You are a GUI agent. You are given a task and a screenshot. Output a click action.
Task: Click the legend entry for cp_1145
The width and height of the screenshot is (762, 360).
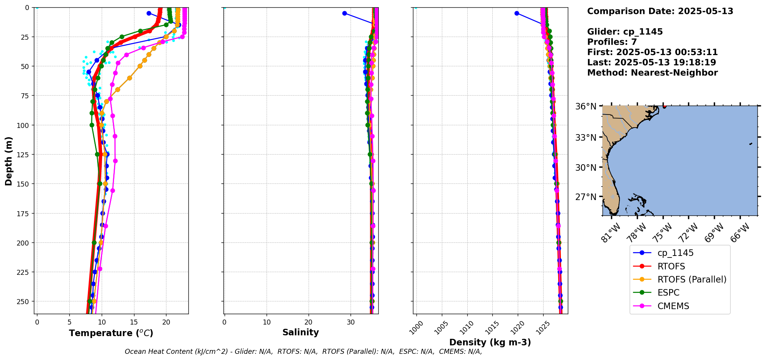(675, 253)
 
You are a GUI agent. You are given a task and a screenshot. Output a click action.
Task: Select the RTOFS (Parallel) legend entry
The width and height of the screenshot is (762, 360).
(692, 279)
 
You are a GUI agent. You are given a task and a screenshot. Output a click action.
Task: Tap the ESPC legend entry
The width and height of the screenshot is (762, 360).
(668, 293)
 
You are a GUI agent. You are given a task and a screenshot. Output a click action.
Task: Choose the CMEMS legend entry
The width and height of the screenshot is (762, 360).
(673, 306)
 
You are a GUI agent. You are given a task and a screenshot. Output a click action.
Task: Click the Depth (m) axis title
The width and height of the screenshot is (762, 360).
(8, 161)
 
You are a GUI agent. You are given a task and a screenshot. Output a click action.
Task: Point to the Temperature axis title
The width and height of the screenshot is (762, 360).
(111, 333)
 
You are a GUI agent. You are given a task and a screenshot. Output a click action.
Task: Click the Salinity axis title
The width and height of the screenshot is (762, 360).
(300, 332)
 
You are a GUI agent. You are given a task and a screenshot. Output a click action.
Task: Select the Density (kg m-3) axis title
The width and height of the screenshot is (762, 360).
(490, 342)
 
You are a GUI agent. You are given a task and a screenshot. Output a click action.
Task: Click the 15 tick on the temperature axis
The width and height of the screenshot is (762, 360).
(134, 322)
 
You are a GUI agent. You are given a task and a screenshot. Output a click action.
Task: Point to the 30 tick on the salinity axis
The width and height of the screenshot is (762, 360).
(351, 322)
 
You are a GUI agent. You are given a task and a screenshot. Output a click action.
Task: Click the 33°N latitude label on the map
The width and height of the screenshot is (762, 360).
(586, 138)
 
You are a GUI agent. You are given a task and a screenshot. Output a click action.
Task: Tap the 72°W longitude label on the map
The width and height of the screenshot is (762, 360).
(688, 233)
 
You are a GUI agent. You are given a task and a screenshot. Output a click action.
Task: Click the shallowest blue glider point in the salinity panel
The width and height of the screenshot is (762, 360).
(344, 13)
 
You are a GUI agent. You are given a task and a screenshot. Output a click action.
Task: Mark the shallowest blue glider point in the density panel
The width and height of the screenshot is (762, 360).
(517, 13)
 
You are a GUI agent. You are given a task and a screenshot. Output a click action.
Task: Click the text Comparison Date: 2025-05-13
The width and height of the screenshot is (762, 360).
(660, 11)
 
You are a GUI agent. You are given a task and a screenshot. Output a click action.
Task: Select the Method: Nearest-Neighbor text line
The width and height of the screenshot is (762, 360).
(652, 73)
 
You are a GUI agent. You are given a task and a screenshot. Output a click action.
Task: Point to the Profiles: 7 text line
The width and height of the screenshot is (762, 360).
(612, 42)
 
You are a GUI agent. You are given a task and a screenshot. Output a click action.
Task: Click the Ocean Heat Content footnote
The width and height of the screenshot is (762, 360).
(303, 352)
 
